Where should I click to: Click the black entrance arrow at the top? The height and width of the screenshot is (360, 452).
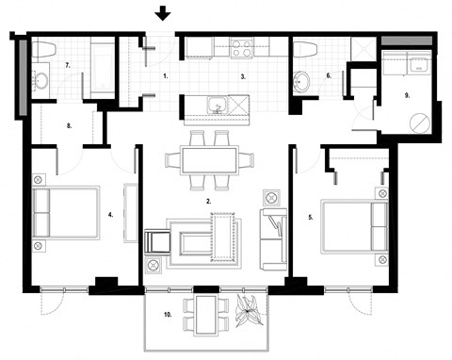(163, 13)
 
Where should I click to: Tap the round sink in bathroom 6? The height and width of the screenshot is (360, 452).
(302, 81)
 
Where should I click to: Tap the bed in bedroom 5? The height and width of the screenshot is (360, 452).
(354, 225)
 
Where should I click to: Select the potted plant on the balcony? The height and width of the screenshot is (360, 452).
(250, 311)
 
